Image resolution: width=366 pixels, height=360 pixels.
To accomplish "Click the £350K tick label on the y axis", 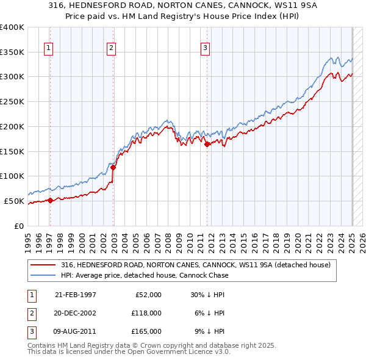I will click(12, 52).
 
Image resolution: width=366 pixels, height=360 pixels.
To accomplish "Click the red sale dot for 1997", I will click(51, 200).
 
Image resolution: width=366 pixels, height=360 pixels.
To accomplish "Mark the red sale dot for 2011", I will click(207, 144).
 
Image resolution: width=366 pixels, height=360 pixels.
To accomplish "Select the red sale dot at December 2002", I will click(113, 167).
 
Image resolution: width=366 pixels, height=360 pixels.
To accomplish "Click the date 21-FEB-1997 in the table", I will click(76, 294).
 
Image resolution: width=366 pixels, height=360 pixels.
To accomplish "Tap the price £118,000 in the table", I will click(147, 312).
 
